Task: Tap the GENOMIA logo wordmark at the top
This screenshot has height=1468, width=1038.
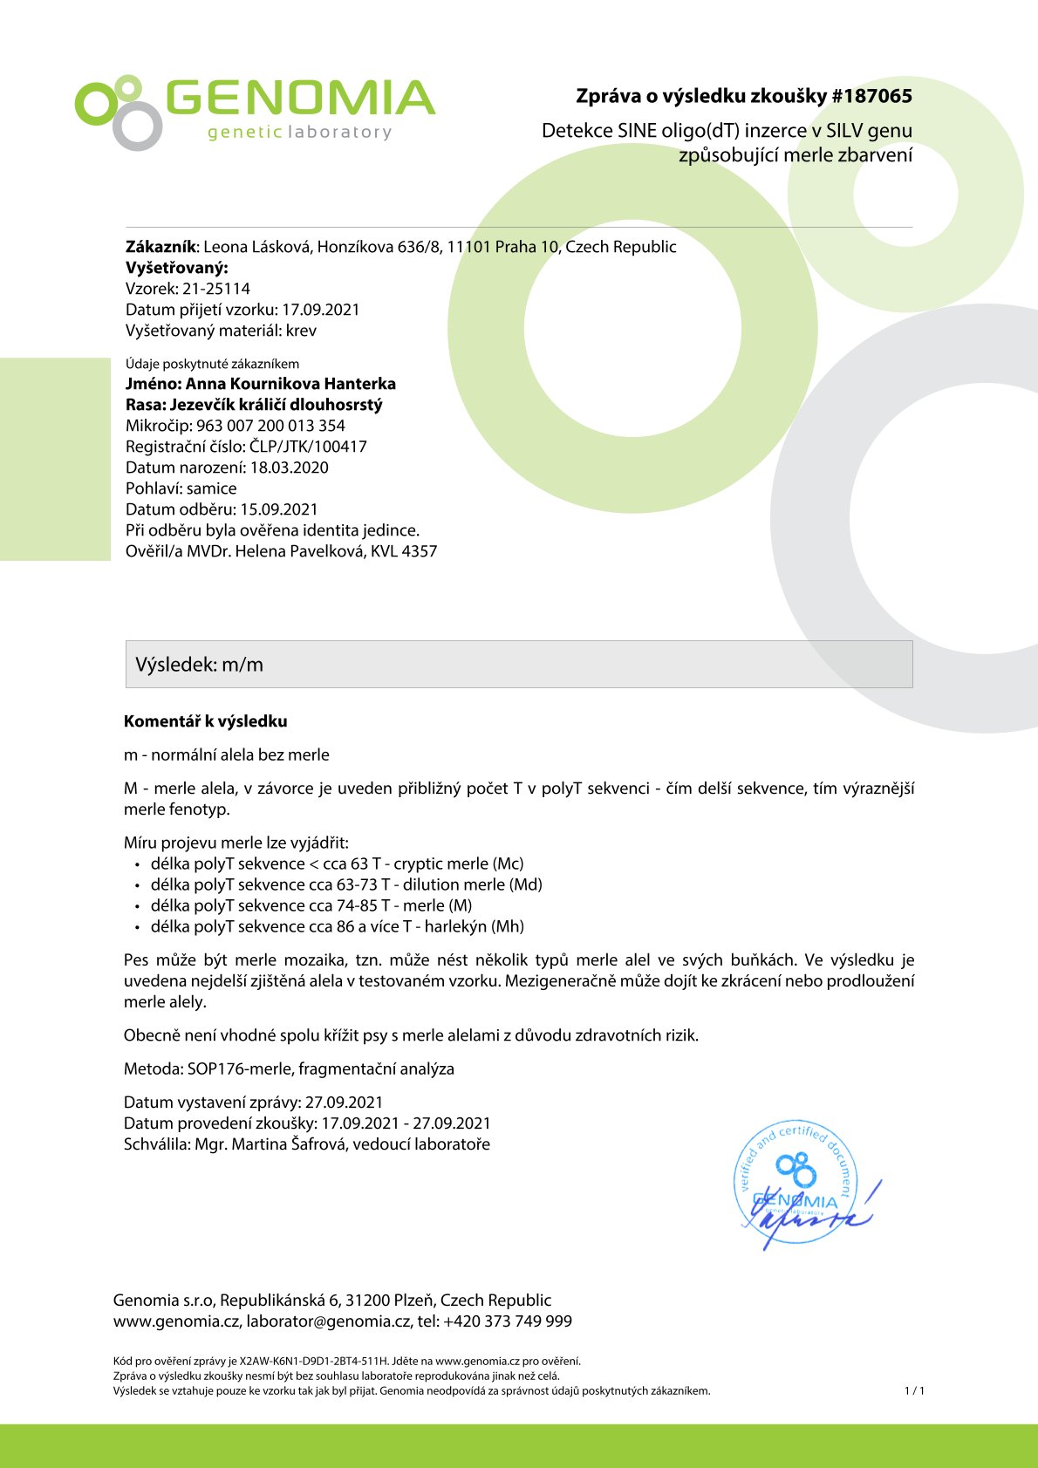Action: [299, 99]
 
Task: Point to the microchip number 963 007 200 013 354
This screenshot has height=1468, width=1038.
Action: [270, 426]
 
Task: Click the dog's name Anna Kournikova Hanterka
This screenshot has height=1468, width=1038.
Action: [290, 384]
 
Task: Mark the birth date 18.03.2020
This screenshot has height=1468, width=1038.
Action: [289, 468]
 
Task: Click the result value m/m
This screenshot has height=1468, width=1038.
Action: [242, 665]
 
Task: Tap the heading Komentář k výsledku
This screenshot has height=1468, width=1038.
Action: [205, 721]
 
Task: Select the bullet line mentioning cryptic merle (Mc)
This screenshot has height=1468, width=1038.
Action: [337, 864]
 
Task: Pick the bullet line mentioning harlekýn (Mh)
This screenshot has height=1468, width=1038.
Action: [337, 926]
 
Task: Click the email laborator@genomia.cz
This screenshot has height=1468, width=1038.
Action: [328, 1321]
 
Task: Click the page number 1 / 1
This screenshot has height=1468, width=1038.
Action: [914, 1391]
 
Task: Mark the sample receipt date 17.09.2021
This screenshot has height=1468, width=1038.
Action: [320, 310]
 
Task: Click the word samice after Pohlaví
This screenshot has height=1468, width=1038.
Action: [211, 488]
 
